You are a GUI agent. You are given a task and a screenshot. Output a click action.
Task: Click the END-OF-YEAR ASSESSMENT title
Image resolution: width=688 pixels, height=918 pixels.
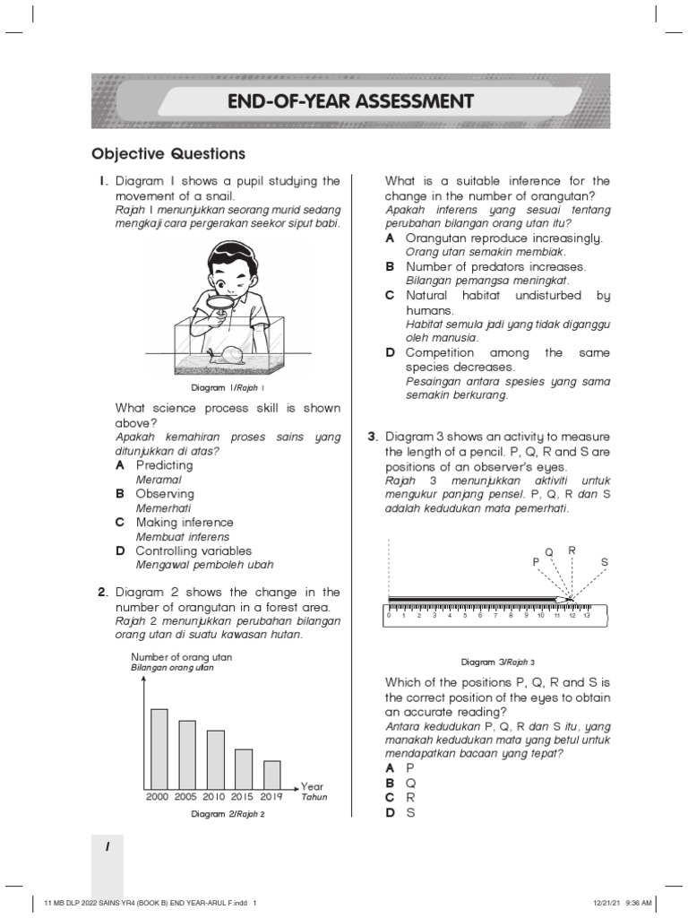[x=350, y=100]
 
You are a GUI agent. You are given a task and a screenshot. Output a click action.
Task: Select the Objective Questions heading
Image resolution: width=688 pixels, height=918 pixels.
[x=168, y=153]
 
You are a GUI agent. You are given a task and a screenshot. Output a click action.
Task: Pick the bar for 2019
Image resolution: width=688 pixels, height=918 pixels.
[x=272, y=774]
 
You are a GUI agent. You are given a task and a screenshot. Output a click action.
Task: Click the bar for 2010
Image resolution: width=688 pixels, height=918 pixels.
[x=216, y=758]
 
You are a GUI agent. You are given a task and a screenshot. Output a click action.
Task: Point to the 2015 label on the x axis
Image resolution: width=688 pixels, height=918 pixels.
[x=243, y=796]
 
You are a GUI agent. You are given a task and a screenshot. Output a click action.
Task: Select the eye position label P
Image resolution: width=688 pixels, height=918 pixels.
[x=536, y=561]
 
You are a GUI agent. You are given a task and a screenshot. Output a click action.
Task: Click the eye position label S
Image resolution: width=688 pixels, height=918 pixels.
[x=604, y=562]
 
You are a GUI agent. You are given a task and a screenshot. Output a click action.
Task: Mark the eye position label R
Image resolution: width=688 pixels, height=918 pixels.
[x=572, y=550]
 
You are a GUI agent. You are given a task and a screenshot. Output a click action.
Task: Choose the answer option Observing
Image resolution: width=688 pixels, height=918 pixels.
[x=165, y=494]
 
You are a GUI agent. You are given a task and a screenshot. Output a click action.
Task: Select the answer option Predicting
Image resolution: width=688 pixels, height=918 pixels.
[x=164, y=465]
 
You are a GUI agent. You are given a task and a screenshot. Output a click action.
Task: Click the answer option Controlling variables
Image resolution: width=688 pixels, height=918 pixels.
[x=193, y=550]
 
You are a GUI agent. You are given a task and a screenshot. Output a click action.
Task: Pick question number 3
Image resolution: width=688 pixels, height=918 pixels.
[x=372, y=437]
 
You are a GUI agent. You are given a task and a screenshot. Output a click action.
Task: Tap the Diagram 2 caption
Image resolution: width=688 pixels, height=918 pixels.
[x=228, y=814]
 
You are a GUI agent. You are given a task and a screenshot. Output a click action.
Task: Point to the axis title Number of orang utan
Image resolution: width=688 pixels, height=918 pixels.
[x=181, y=657]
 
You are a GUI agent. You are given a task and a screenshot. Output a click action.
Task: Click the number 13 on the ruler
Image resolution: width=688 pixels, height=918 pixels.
[x=587, y=617]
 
